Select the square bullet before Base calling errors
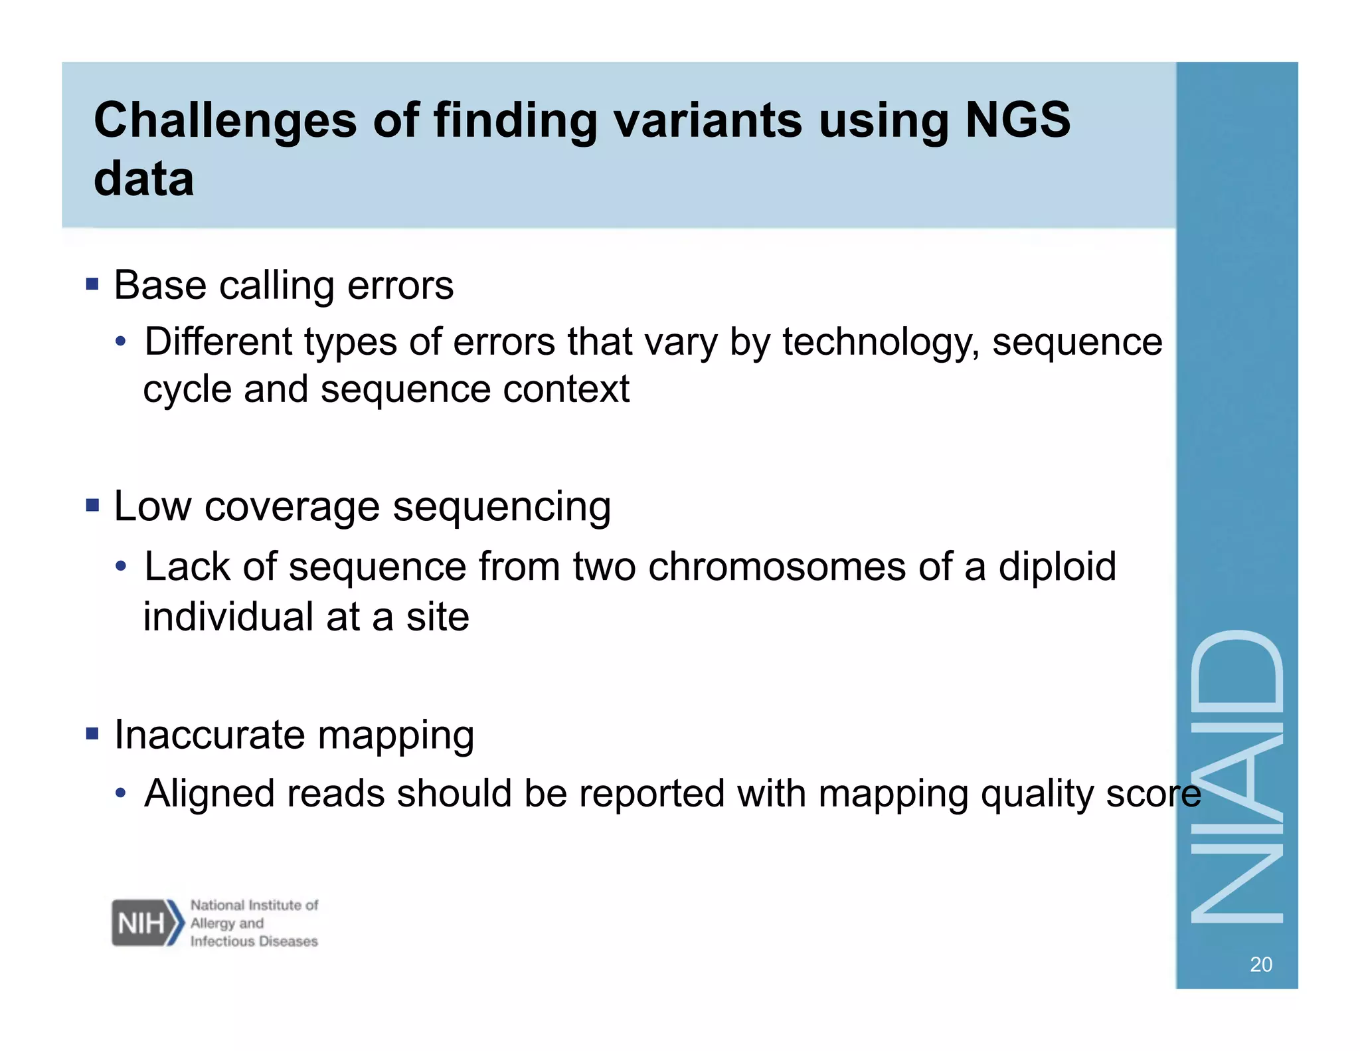point(92,285)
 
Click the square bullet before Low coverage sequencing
point(92,506)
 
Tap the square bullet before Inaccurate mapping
point(92,734)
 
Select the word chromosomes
point(776,567)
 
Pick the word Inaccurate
point(209,735)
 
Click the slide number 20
point(1260,964)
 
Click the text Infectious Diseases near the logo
point(254,941)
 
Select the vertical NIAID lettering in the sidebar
point(1236,777)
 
